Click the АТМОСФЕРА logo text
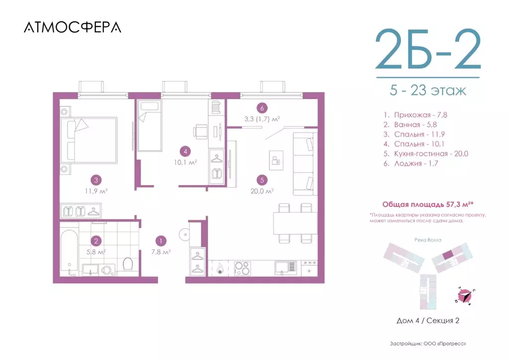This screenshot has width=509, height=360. click(x=72, y=28)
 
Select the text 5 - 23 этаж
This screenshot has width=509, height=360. click(x=428, y=91)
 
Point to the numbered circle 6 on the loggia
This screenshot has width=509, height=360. click(x=261, y=107)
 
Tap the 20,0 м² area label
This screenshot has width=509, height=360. click(x=262, y=190)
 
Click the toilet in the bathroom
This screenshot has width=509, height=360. click(x=127, y=263)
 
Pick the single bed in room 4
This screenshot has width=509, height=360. click(x=150, y=125)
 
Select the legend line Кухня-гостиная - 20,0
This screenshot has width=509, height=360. click(x=425, y=153)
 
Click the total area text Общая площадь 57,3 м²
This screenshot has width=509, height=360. click(x=425, y=204)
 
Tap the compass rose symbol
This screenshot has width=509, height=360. click(x=465, y=296)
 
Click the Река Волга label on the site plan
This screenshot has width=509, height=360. click(x=427, y=239)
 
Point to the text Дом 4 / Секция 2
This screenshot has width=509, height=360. click(x=427, y=320)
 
